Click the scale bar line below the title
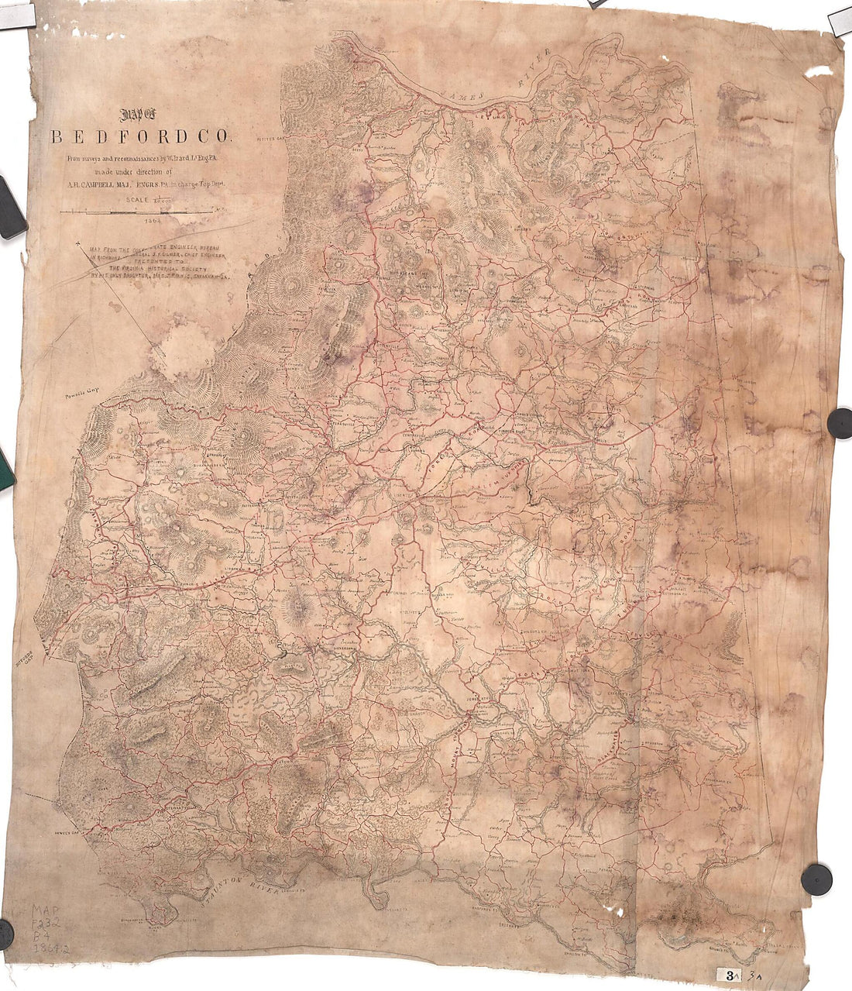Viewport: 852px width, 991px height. tap(136, 211)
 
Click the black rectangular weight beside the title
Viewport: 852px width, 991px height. tap(11, 207)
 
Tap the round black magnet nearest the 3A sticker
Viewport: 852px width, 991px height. tap(816, 879)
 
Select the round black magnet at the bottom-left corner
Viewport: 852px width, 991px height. tap(5, 932)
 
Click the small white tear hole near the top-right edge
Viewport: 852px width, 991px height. tap(819, 71)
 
